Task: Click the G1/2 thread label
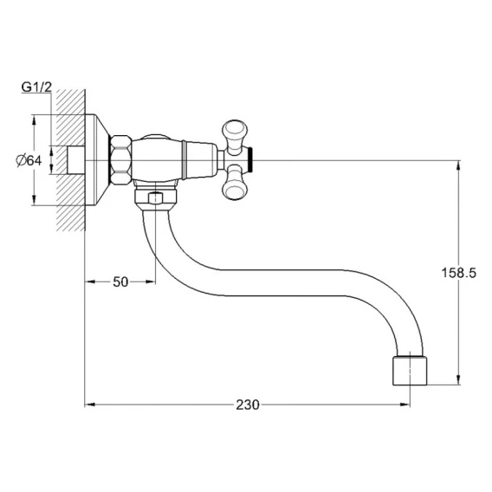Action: click(36, 87)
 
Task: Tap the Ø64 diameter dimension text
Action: click(29, 161)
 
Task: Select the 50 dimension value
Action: click(120, 282)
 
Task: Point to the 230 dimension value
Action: click(248, 405)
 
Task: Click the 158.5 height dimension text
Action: click(459, 273)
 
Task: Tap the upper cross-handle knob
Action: click(235, 135)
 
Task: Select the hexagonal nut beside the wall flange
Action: click(120, 161)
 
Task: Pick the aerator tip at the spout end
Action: click(410, 371)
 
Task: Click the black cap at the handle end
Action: click(249, 160)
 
